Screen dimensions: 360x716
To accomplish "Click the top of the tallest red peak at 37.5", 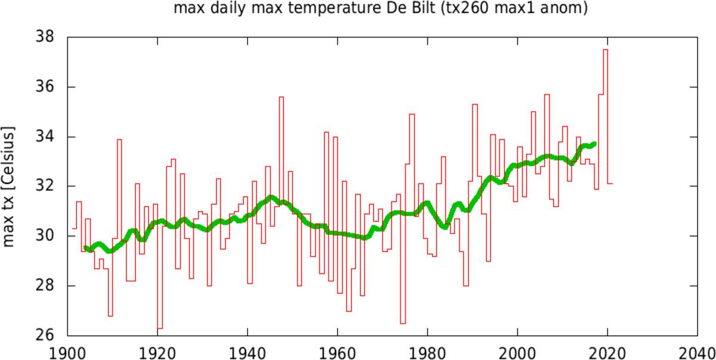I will click(x=606, y=50).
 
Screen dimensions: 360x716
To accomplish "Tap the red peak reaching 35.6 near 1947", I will click(x=281, y=97).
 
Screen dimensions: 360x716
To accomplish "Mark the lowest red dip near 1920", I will click(x=160, y=328).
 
